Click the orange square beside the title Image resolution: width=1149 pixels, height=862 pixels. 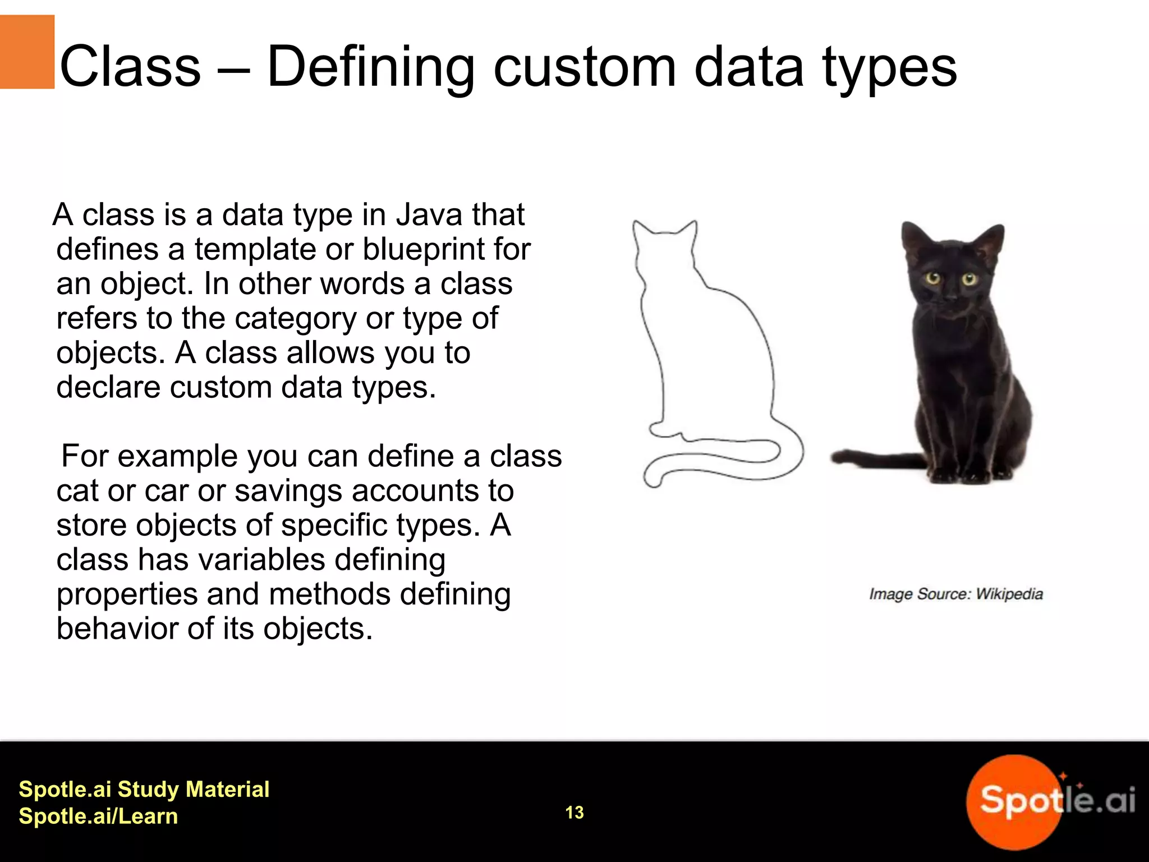[x=27, y=52]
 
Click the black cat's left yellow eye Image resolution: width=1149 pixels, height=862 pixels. [x=933, y=278]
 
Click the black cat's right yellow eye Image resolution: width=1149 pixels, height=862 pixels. [x=969, y=279]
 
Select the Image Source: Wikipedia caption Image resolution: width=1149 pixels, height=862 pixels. [x=955, y=594]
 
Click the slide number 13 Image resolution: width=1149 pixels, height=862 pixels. [x=574, y=812]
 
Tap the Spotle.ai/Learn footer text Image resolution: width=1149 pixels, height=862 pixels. [x=98, y=816]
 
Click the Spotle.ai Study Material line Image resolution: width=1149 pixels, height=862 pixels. [x=144, y=789]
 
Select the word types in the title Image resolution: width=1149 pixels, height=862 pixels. [x=889, y=67]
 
